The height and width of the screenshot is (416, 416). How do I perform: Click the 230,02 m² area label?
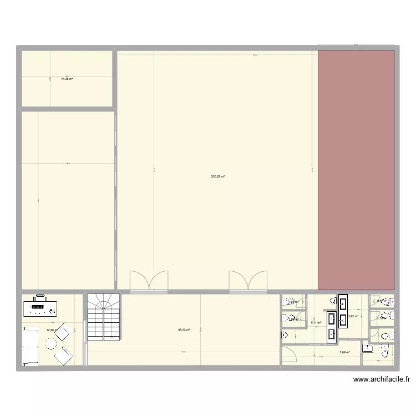[217, 176]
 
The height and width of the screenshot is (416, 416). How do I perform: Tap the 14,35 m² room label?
[67, 79]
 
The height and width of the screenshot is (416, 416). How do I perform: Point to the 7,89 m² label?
[345, 352]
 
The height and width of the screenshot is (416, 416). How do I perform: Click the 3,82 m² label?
[353, 316]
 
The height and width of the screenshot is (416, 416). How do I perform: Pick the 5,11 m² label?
[316, 322]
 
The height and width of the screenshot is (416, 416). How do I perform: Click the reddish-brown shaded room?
[356, 170]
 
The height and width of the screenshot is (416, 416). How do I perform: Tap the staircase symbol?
[104, 317]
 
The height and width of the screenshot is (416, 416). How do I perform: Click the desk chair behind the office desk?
[39, 298]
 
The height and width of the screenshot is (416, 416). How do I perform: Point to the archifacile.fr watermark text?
[382, 380]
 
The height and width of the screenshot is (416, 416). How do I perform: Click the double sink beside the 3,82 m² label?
[343, 311]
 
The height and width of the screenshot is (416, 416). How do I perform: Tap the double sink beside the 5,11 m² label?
[332, 326]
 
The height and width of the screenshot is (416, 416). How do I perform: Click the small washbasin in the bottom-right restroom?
[368, 348]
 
